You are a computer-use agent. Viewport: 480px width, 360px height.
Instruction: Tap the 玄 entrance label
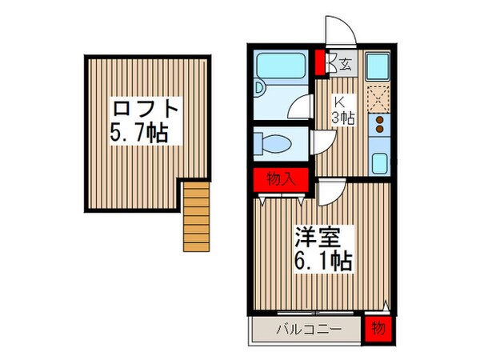tap(344, 65)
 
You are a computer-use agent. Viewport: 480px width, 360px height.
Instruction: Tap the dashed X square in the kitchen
tap(378, 98)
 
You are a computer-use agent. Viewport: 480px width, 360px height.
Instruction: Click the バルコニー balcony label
tap(308, 329)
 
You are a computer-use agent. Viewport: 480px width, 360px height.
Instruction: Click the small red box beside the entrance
tap(320, 62)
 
